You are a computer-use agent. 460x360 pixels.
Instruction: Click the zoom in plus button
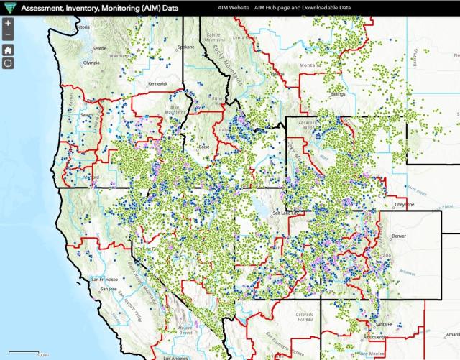[x=8, y=24]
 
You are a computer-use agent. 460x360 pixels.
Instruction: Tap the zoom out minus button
[x=8, y=35]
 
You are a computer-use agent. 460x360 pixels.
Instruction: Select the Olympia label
[x=91, y=63]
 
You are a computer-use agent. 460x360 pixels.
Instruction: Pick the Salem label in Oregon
[x=87, y=114]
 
